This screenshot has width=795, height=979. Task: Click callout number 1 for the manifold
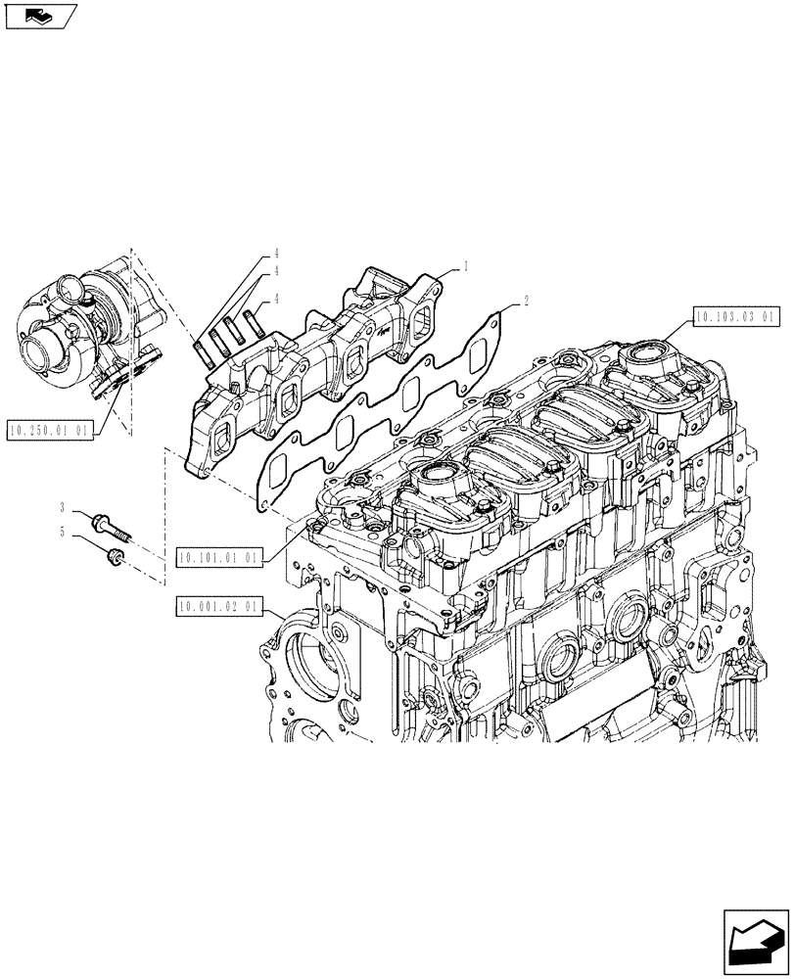point(466,265)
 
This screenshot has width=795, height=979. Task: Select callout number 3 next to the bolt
point(62,508)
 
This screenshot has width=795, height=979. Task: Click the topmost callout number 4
point(277,255)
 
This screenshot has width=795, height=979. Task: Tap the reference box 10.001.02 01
point(219,607)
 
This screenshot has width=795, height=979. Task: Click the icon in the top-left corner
point(38,16)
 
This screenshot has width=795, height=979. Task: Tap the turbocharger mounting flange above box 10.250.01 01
point(117,373)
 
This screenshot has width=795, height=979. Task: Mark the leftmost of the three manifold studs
point(201,347)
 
